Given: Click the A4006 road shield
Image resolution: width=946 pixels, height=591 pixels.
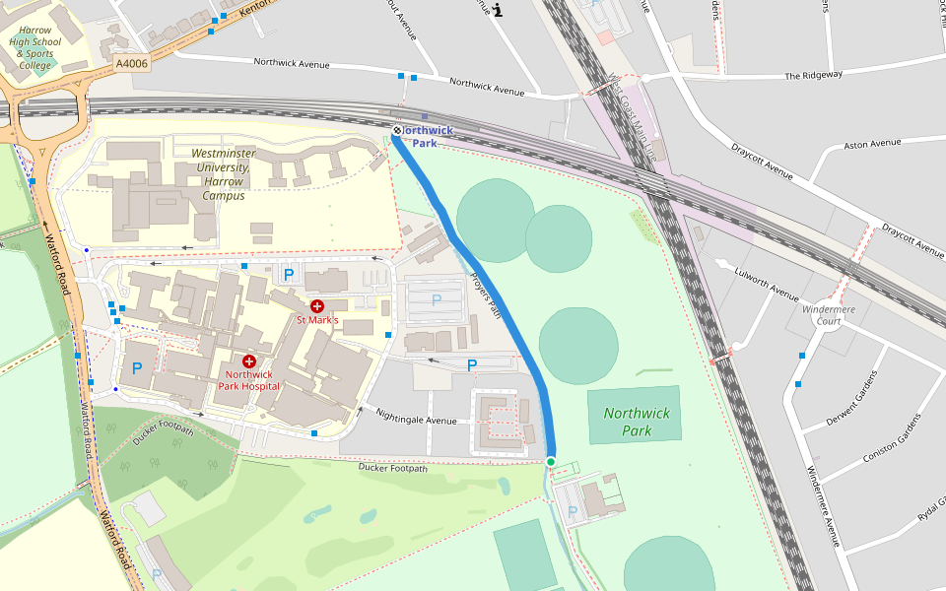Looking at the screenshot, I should click(x=131, y=63).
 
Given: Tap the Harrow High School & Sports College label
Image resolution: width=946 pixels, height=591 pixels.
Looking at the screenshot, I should click(x=35, y=48).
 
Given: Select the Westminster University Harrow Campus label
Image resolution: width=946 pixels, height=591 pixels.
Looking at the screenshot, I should click(x=224, y=174).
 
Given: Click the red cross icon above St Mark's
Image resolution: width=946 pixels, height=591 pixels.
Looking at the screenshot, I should click(x=317, y=306).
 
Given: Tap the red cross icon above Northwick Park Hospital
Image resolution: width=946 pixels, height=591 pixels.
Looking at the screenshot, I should click(x=248, y=361).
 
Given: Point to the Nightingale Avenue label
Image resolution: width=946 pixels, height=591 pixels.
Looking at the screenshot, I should click(x=416, y=421).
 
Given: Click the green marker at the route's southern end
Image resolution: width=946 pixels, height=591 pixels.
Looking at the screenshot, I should click(x=551, y=461).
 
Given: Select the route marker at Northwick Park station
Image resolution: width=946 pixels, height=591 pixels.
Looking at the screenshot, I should click(x=397, y=130).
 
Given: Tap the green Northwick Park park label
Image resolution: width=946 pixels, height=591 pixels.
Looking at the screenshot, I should click(x=637, y=422).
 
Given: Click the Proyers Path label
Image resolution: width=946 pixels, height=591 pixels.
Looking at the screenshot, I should click(x=486, y=295).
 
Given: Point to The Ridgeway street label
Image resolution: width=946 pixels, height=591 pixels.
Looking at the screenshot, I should click(x=813, y=75).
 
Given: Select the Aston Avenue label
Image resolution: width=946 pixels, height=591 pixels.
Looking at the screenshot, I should click(x=873, y=144).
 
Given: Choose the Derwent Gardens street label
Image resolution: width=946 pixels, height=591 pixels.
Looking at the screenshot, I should click(x=850, y=399).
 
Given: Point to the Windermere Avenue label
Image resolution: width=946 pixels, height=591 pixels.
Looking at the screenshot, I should click(x=822, y=505).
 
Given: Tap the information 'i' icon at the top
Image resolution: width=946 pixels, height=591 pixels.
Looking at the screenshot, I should click(x=498, y=11).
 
